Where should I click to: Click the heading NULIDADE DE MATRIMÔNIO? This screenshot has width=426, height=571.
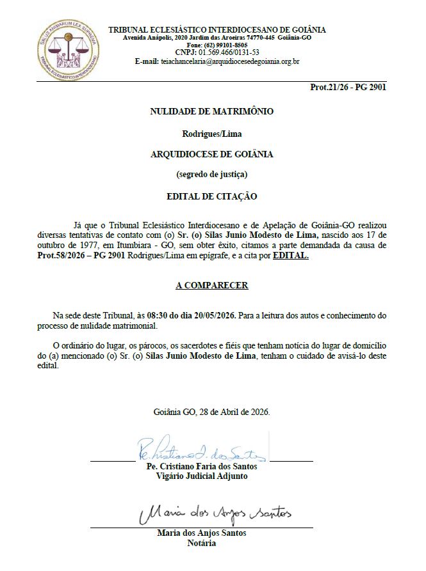(211, 111)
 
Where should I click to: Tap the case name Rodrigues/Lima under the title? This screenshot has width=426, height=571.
(212, 134)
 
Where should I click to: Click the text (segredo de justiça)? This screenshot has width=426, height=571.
(212, 174)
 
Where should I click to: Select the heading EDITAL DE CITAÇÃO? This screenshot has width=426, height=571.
(212, 196)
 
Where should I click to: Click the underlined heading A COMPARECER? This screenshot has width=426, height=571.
(212, 285)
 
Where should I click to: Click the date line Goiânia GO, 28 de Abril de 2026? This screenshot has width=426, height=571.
(212, 412)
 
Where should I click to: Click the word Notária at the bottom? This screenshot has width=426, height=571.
(202, 543)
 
